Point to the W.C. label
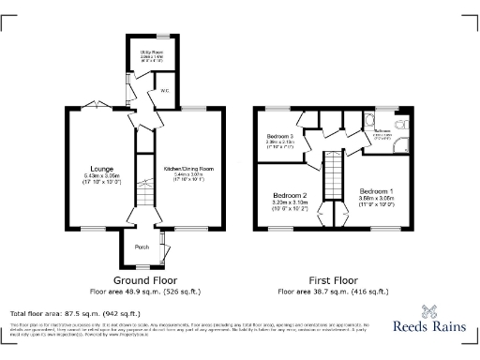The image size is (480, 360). click(165, 91)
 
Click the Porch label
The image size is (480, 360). click(142, 247)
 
